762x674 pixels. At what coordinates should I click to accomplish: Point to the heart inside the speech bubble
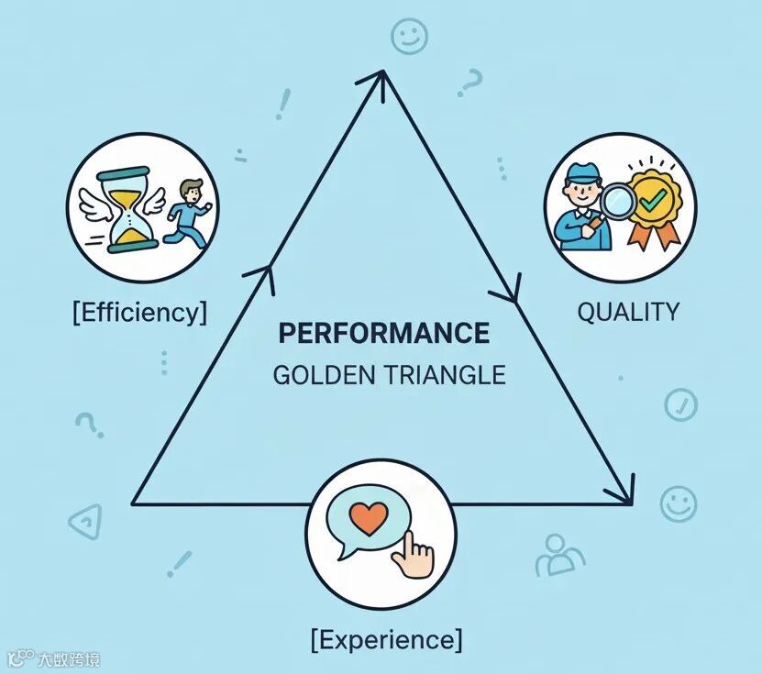370,520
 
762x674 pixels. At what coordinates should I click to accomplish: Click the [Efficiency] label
139,312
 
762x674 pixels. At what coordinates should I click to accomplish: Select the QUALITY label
628,312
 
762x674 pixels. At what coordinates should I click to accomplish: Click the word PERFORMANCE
383,333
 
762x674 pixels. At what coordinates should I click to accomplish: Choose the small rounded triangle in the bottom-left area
84,520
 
